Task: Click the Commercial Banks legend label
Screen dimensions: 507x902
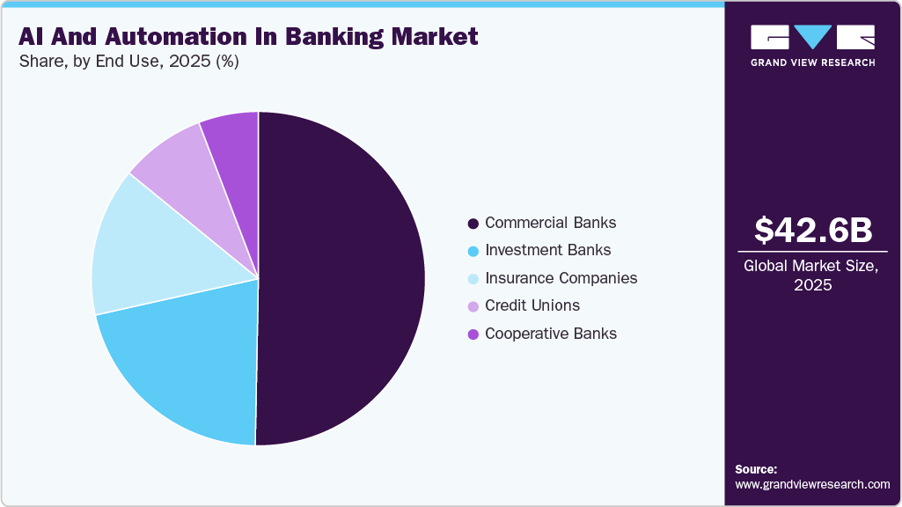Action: coord(550,223)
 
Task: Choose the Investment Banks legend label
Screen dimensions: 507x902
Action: coord(547,250)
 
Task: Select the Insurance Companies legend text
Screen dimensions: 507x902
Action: coord(561,278)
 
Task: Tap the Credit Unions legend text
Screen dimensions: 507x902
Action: coord(532,305)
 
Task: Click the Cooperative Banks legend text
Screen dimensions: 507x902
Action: coord(550,334)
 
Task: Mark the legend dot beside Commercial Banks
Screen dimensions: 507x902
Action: coord(473,224)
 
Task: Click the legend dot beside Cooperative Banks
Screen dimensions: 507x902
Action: coord(473,334)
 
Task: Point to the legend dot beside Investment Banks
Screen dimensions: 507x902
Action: coord(473,251)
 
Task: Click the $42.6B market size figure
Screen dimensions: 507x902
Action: coord(813,230)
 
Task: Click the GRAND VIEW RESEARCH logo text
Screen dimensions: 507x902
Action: coord(812,62)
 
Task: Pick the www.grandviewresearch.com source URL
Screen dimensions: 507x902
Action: coord(812,484)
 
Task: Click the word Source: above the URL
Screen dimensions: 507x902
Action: coord(756,469)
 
